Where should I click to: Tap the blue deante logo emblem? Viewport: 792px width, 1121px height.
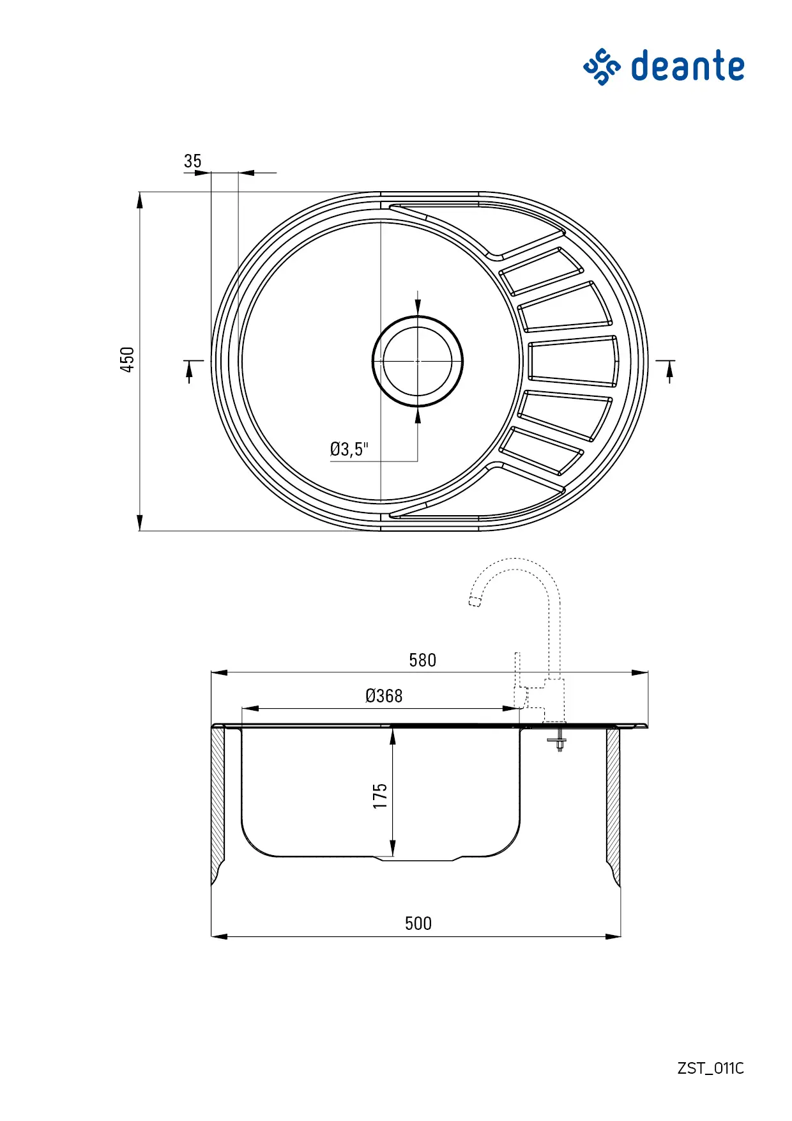coord(602,66)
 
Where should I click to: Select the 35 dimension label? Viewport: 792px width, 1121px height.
coord(192,161)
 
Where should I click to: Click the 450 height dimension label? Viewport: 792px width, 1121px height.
coord(128,360)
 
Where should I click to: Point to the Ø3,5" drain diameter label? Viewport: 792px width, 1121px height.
coord(349,449)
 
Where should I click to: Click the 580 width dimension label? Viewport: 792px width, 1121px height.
coord(422,660)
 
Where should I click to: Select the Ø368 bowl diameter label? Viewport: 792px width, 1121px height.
coord(384,696)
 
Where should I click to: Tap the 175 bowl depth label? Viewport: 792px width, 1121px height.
coord(380,796)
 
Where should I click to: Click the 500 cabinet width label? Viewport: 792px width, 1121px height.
coord(418,924)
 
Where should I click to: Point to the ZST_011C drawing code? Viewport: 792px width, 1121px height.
coord(711,1068)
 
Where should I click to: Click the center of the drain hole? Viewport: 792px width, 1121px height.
coord(418,361)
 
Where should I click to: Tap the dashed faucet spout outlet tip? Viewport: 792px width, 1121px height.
coord(475,601)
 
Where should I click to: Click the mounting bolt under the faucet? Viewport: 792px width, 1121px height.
coord(558,741)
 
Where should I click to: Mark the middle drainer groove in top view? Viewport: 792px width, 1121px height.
coord(573,361)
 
